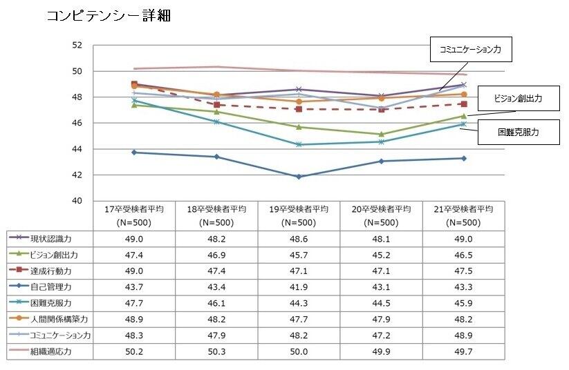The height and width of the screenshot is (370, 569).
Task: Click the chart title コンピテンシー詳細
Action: tap(108, 15)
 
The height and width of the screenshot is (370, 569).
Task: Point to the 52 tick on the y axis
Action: tap(77, 46)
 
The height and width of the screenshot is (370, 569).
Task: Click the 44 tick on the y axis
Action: tap(77, 149)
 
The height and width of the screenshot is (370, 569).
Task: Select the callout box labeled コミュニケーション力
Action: tap(471, 50)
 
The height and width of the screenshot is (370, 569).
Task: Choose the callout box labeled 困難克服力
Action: tap(518, 131)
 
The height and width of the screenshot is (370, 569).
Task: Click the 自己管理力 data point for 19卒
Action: tap(299, 177)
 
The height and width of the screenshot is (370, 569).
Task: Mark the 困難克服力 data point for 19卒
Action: tap(299, 144)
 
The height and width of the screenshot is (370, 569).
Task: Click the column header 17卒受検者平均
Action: tap(134, 215)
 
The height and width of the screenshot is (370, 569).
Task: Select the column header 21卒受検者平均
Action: tap(463, 215)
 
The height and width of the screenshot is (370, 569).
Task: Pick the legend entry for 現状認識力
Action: tap(50, 238)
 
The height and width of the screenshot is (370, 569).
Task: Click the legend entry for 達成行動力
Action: tap(50, 271)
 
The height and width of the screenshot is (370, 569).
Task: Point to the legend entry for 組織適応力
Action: tap(50, 351)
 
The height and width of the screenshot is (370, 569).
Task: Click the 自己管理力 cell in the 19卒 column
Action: tap(299, 286)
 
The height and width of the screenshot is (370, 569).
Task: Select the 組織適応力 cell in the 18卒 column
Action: tap(216, 351)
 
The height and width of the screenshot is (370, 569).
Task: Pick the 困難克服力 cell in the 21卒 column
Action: tap(463, 302)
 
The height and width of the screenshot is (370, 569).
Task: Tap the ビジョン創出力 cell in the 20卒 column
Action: tap(380, 254)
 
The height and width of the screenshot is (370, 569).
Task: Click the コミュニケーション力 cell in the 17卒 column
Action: tap(134, 335)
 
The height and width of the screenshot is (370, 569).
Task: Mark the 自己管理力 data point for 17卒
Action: tap(134, 152)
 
